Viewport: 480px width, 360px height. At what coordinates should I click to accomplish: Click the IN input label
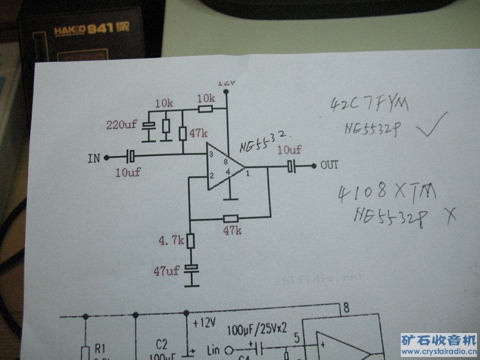coord(94,158)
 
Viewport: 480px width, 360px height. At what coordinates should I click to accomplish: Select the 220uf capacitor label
coord(122,125)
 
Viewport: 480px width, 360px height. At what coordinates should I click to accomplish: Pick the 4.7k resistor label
coord(171,241)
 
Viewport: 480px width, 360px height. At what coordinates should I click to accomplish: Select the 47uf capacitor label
coord(166,271)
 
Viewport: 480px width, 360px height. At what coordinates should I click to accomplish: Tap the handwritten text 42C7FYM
coord(369,106)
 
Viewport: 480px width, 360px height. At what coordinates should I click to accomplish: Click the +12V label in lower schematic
coord(204,323)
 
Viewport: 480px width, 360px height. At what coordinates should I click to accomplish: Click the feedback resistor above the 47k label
coord(230,218)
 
